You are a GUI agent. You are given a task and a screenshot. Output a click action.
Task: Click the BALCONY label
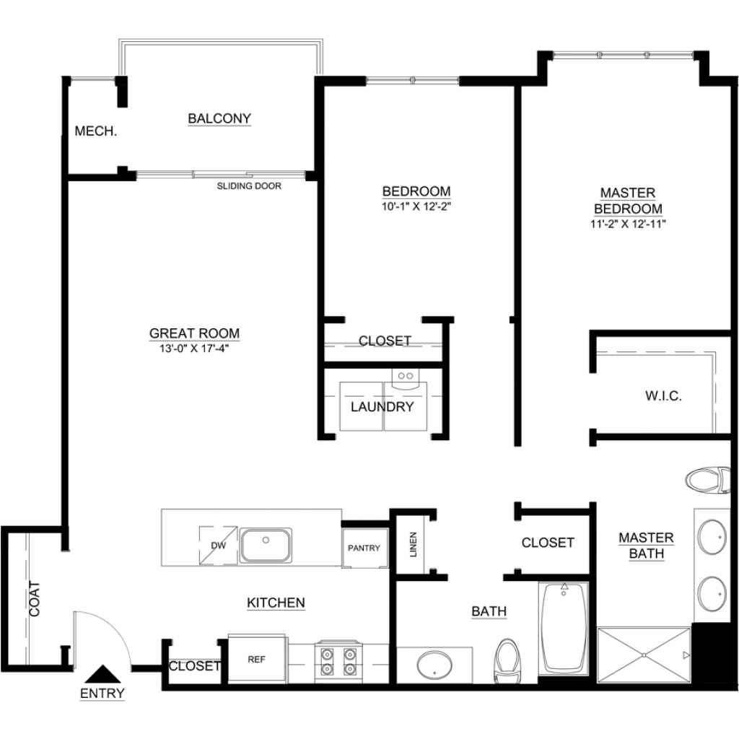[x=219, y=118]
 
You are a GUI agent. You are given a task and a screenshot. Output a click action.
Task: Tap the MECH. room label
[x=96, y=131]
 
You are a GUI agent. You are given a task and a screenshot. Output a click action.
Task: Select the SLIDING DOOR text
[x=249, y=186]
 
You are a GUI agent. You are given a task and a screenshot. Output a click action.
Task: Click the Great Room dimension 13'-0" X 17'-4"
[x=194, y=349]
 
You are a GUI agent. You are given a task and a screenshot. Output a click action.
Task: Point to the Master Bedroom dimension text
[x=628, y=224]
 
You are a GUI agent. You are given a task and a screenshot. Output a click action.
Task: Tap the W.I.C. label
[x=664, y=396]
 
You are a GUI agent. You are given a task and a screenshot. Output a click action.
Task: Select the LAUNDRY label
[x=382, y=407]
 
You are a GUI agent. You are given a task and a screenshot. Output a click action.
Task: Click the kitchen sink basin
[x=266, y=546]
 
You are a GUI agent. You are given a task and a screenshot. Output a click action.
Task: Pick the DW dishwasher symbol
[x=218, y=546]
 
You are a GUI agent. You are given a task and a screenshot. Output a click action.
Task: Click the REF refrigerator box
[x=257, y=659]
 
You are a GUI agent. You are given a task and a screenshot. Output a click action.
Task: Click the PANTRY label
[x=364, y=548]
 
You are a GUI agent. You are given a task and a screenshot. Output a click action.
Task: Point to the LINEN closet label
[x=414, y=544]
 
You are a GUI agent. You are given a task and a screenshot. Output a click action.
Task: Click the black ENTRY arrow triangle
[x=102, y=674]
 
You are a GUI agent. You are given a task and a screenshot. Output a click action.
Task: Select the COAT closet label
[x=35, y=599]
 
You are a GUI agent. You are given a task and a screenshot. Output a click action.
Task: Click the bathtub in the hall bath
[x=564, y=629]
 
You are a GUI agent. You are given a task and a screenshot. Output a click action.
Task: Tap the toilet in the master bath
[x=707, y=480]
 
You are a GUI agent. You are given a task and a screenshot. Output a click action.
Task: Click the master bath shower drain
[x=644, y=655]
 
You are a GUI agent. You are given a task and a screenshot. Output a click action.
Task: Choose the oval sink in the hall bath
[x=434, y=665]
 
